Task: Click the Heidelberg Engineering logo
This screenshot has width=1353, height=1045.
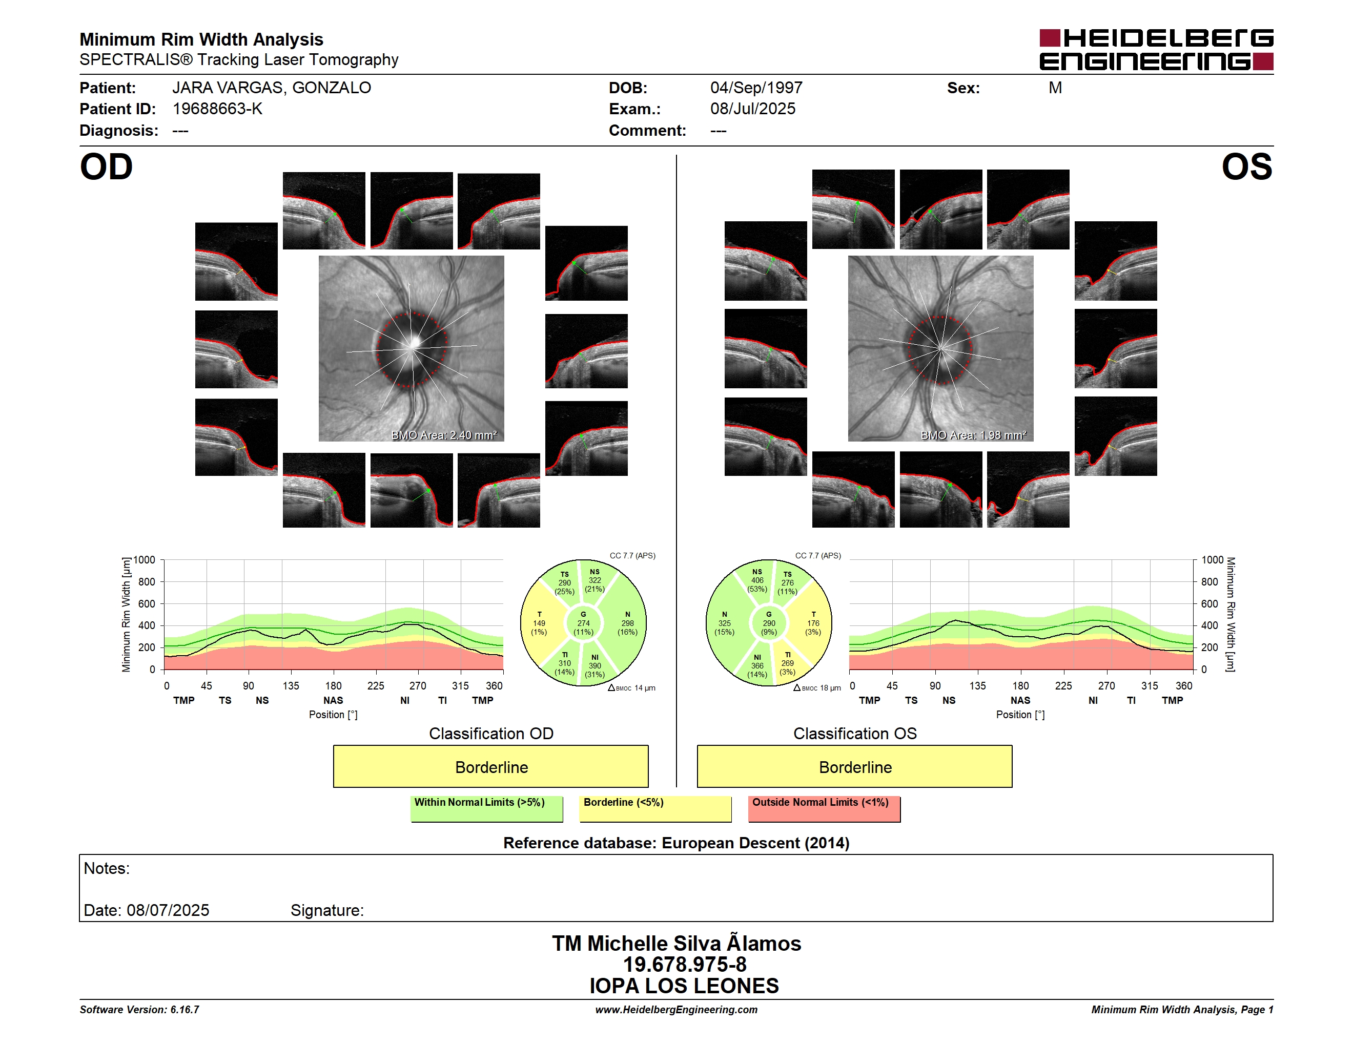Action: tap(1156, 50)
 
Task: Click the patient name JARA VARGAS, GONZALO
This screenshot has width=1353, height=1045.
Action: tap(271, 88)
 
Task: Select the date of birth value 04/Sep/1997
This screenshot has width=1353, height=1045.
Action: tap(756, 88)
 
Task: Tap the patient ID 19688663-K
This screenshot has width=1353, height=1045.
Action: tap(217, 109)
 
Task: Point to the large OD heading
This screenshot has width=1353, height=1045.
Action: tap(107, 167)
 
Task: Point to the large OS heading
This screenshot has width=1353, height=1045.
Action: tap(1246, 167)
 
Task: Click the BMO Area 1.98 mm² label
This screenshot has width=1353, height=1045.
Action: tap(973, 435)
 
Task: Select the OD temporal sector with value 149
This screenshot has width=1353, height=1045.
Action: tap(539, 623)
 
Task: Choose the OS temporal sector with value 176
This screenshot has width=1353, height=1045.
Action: tap(813, 623)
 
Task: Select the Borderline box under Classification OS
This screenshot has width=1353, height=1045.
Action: tap(855, 766)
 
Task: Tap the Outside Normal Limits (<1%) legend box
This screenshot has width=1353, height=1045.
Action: tap(824, 808)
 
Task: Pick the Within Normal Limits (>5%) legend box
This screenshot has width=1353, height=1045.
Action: tap(486, 808)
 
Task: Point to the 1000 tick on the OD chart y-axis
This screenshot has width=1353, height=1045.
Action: tap(145, 560)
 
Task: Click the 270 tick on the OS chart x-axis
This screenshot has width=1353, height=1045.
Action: tap(1106, 686)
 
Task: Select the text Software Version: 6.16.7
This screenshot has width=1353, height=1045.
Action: tap(139, 1010)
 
